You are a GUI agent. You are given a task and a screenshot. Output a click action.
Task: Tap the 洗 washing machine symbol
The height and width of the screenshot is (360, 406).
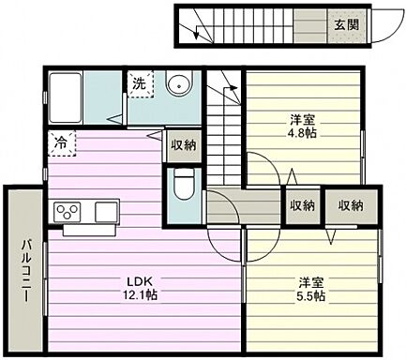[x=138, y=83]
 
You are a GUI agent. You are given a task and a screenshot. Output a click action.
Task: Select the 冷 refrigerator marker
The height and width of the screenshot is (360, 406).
[x=58, y=144]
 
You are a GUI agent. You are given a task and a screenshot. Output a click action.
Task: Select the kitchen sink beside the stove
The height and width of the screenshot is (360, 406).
[x=103, y=209]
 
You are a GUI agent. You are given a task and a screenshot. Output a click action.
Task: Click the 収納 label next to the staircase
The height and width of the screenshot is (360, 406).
[x=183, y=145]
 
